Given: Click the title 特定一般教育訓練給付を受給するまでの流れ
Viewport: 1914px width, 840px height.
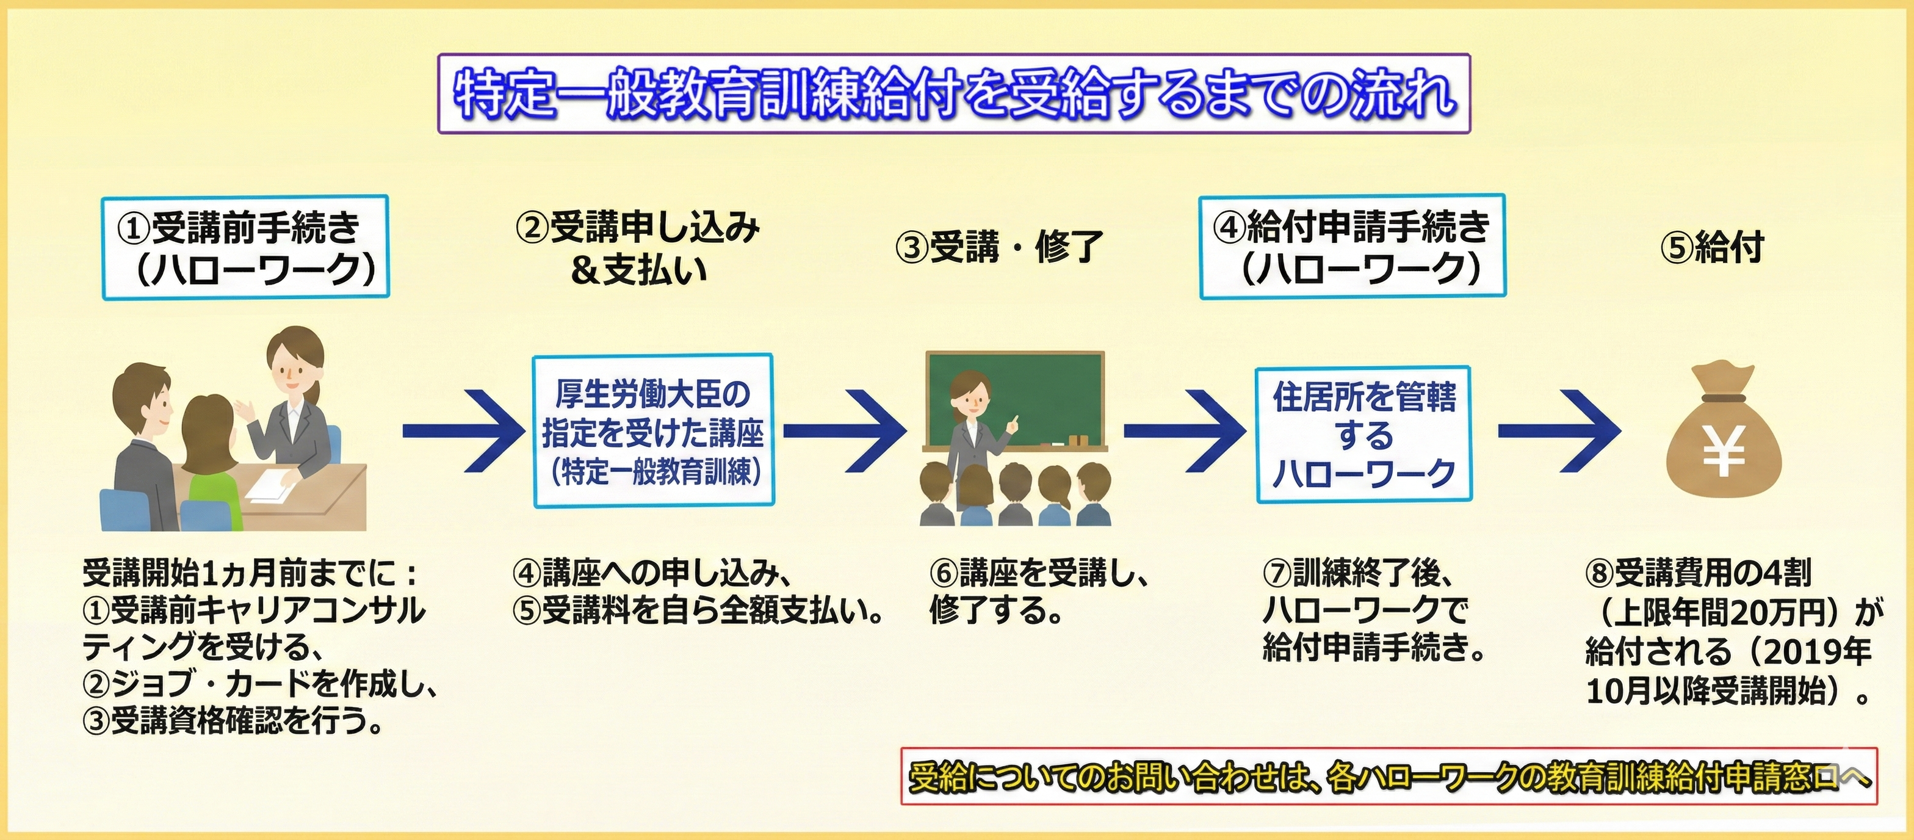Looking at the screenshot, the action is (954, 93).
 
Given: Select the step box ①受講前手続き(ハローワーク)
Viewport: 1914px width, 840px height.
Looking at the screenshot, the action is (245, 247).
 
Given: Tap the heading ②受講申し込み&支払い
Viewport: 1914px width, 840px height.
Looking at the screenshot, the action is (638, 248).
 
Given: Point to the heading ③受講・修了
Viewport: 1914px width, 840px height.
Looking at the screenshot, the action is (999, 247).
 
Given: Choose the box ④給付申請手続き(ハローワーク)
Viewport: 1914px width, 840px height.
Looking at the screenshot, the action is (1352, 247).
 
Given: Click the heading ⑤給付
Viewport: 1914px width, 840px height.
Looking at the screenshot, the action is (1711, 247).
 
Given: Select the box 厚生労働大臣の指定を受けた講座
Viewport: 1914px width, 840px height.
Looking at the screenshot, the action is (653, 431).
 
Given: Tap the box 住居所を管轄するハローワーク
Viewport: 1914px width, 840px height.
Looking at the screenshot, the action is (1364, 435).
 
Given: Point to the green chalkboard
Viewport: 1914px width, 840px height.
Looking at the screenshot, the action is (1015, 400).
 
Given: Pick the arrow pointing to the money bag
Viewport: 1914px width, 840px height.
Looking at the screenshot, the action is (1558, 432).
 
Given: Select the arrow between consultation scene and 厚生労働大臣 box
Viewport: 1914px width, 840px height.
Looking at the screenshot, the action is (463, 431).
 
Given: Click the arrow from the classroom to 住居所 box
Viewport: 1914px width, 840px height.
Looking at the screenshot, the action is (1185, 432).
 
